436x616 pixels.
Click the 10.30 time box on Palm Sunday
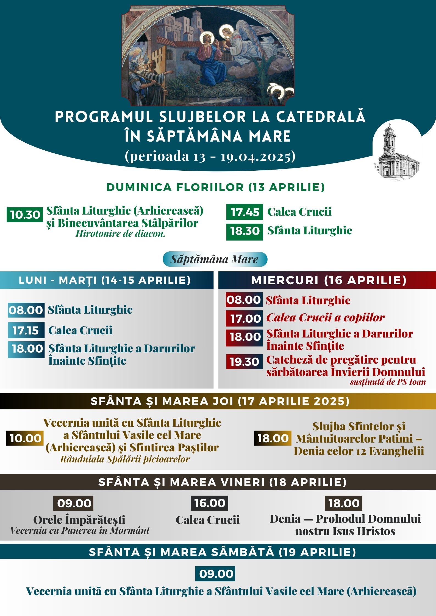tap(25, 215)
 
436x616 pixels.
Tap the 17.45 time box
tap(245, 212)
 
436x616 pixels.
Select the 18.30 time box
tap(245, 231)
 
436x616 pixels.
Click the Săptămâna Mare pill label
tap(215, 259)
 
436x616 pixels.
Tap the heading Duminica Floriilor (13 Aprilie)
tap(215, 187)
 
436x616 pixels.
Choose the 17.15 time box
tap(26, 330)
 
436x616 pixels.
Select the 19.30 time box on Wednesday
tap(244, 362)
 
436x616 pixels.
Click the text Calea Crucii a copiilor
tap(325, 317)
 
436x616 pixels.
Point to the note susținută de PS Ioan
tap(388, 382)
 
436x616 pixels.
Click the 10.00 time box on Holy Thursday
tap(25, 438)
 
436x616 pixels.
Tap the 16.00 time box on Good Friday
tap(210, 503)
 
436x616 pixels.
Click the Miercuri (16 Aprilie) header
tap(329, 280)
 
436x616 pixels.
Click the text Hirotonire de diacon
tap(120, 234)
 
